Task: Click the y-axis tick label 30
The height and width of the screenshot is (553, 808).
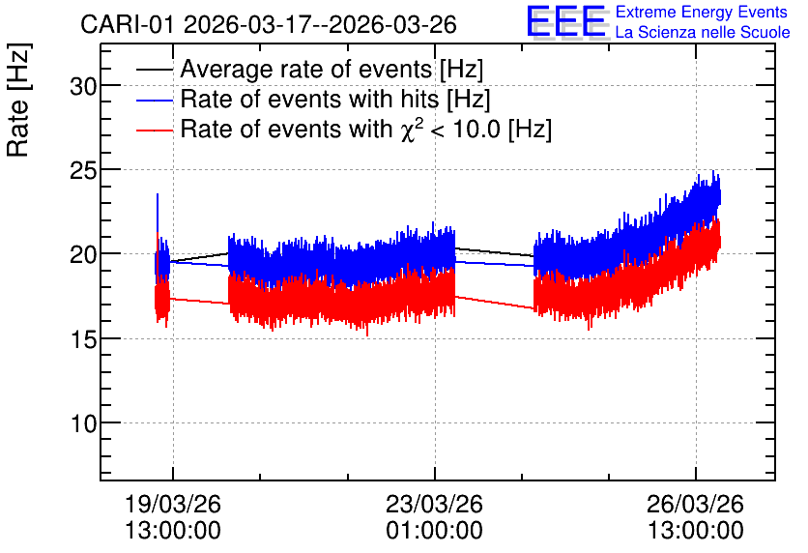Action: click(x=83, y=87)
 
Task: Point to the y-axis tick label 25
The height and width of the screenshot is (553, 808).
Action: click(x=83, y=171)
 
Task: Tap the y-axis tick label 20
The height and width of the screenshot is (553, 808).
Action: click(x=83, y=255)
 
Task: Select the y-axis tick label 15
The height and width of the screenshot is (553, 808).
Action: click(x=83, y=339)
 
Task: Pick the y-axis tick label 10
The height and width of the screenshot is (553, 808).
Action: click(x=83, y=424)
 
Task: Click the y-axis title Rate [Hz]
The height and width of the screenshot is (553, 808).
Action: click(x=18, y=100)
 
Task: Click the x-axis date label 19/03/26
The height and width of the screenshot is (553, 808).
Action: click(x=173, y=504)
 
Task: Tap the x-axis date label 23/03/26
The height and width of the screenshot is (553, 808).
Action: click(x=434, y=504)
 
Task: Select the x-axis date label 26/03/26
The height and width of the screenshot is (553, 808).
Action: click(x=696, y=504)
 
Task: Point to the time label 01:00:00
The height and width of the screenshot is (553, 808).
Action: click(x=434, y=531)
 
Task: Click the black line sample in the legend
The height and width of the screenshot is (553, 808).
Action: click(x=155, y=70)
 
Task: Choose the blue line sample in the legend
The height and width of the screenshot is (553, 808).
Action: click(x=155, y=100)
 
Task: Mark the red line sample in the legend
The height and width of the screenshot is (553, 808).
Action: click(x=155, y=131)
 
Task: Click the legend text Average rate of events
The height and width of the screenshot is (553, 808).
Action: click(x=306, y=70)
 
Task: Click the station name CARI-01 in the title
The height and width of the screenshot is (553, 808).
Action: click(x=128, y=25)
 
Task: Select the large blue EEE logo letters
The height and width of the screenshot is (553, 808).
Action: click(x=566, y=21)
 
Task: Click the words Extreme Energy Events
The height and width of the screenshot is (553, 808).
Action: click(x=702, y=12)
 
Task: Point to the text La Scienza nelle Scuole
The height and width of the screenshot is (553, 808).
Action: click(x=703, y=32)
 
